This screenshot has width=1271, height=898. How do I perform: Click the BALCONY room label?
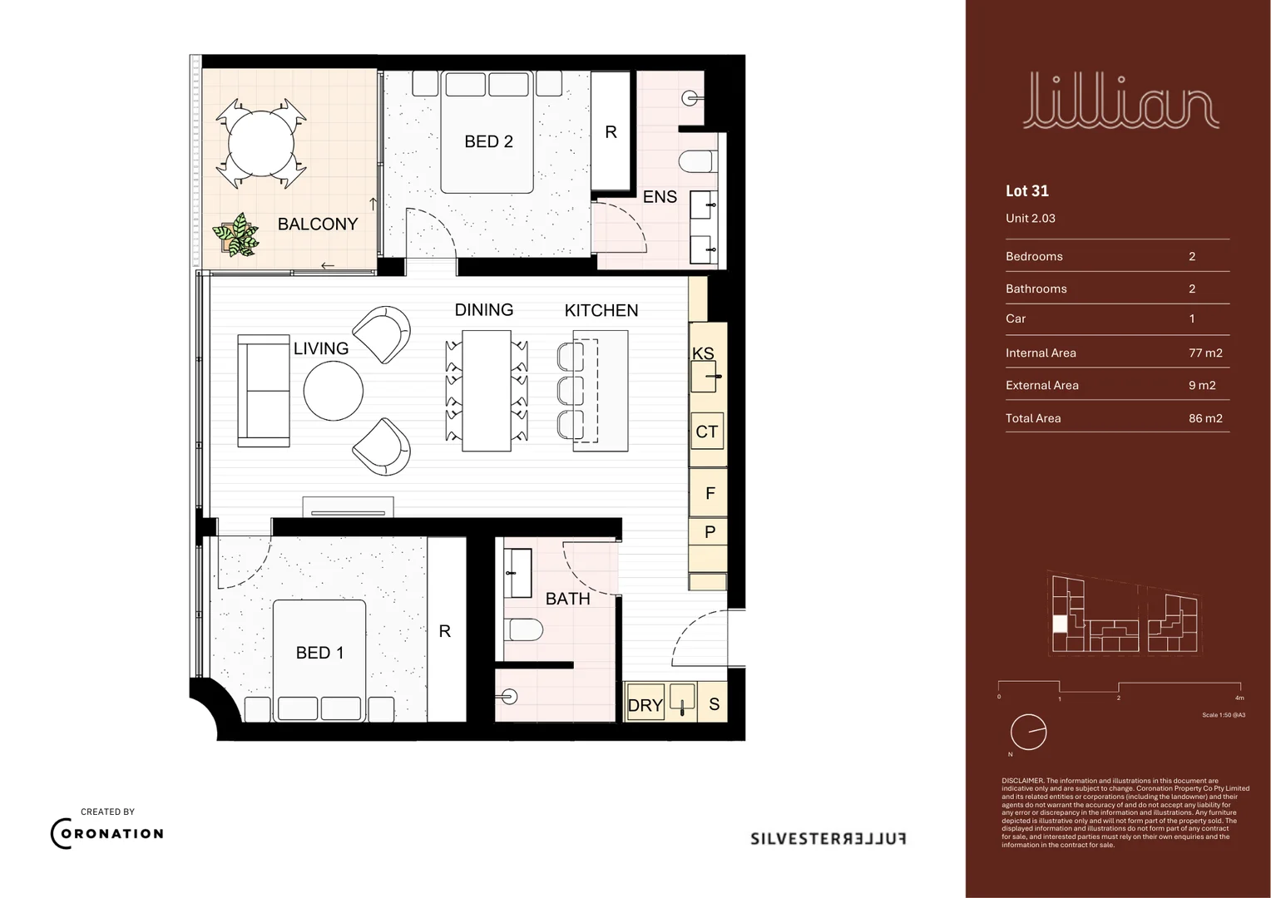click(317, 224)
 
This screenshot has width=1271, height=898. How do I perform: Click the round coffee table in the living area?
click(334, 391)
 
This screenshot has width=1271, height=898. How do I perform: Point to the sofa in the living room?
click(264, 391)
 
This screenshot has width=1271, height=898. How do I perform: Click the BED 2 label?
click(488, 141)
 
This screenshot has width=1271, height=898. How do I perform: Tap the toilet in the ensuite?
click(695, 160)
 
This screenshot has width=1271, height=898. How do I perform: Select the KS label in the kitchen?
click(703, 353)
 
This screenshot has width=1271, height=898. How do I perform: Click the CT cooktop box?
click(707, 432)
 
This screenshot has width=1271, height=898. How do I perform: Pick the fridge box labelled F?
click(710, 493)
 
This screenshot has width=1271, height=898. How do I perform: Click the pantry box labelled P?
click(710, 532)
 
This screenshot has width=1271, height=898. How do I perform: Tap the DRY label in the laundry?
click(645, 705)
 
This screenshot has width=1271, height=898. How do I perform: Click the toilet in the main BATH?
click(525, 629)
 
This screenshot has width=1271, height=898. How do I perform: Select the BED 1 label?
click(319, 653)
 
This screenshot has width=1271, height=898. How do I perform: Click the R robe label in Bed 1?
click(445, 631)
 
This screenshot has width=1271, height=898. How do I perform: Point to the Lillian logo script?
click(1120, 101)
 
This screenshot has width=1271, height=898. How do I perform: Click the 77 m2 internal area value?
click(1205, 353)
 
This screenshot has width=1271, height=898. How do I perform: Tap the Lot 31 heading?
click(1027, 190)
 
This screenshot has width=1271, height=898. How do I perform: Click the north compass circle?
click(1028, 733)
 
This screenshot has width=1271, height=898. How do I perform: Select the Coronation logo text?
click(107, 834)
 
